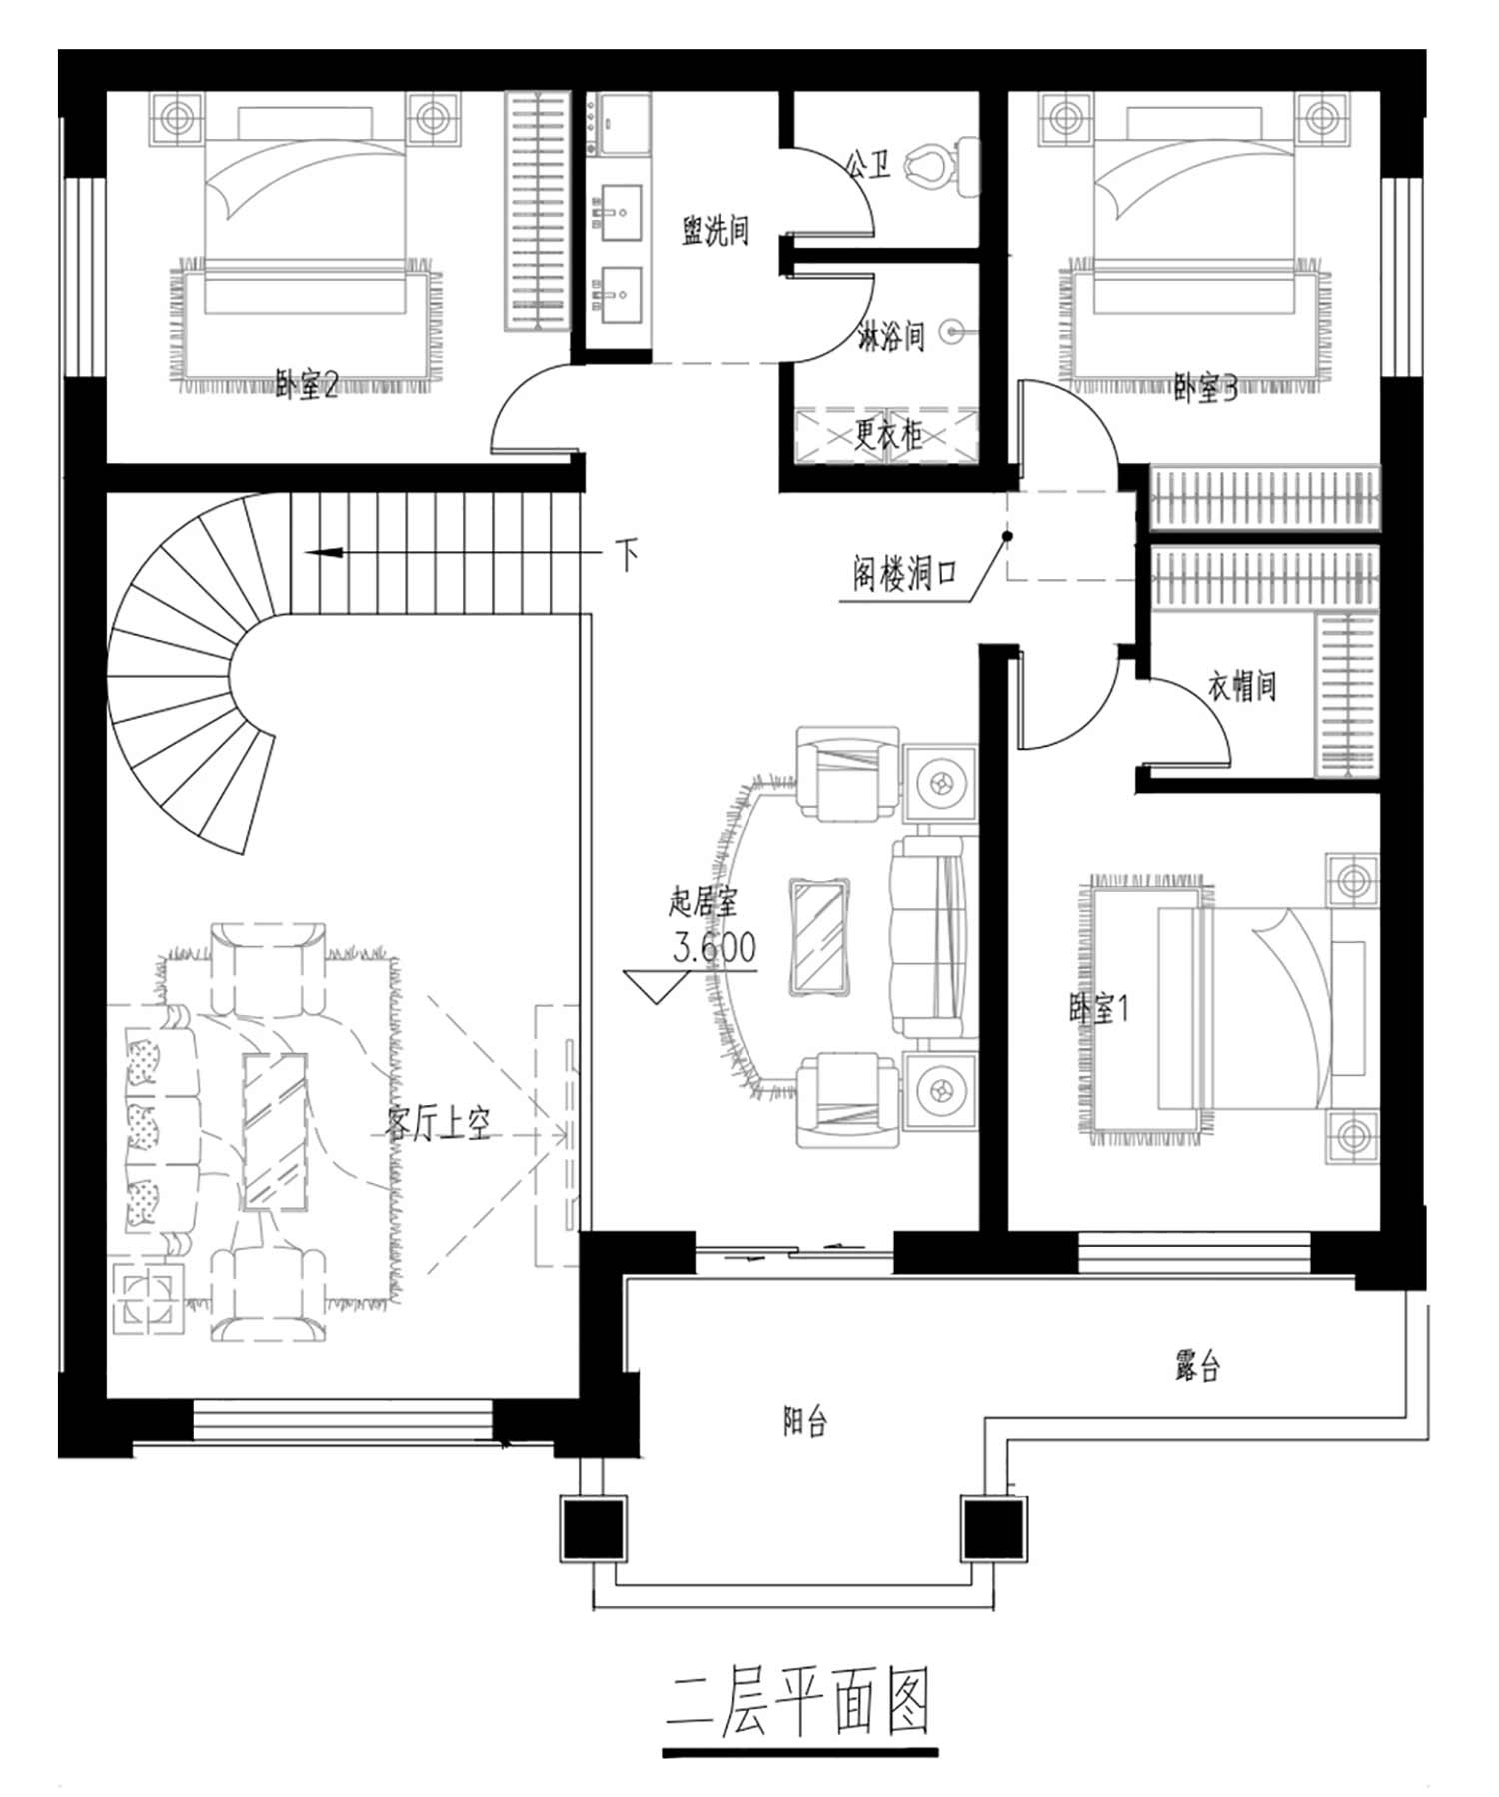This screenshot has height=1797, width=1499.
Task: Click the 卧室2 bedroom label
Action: point(307,384)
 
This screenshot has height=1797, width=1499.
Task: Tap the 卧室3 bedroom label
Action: point(1206,388)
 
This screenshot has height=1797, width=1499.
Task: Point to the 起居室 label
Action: point(703,902)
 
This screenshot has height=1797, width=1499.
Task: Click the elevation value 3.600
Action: point(715,947)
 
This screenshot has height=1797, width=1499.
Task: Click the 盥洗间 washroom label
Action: point(715,231)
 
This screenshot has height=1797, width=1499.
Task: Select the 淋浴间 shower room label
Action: point(892,336)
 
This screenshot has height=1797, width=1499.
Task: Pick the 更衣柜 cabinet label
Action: point(887,435)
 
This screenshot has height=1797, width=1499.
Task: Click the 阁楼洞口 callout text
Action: point(904,574)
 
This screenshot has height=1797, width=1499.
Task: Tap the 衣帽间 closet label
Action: point(1242,686)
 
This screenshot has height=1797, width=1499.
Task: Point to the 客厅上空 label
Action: point(439,1124)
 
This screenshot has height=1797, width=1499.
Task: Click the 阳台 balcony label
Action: point(805,1422)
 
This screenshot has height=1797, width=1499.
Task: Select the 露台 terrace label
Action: point(1197,1366)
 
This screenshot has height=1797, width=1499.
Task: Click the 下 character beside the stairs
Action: point(628,555)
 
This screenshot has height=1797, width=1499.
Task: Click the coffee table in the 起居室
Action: point(820,937)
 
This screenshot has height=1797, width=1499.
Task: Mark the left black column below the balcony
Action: point(593,1528)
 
